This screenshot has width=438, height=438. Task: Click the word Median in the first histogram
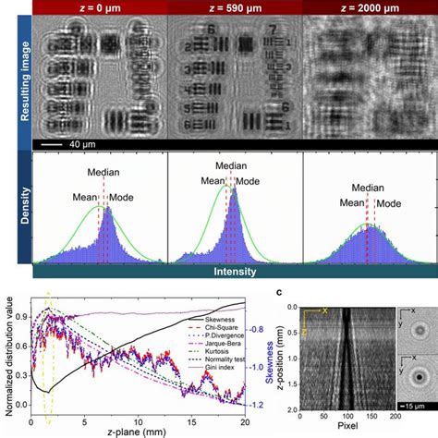click(x=104, y=172)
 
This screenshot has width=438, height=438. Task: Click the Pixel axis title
click(x=338, y=431)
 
